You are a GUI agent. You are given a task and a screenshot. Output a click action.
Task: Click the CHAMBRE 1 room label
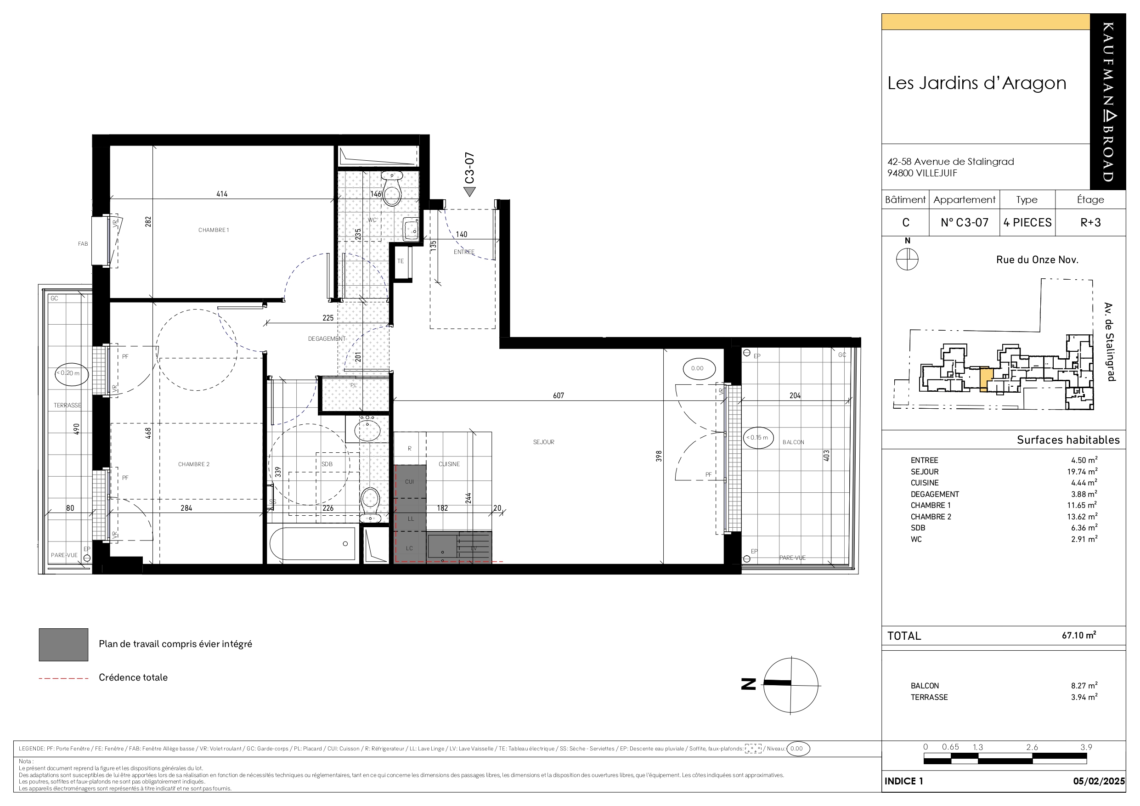[x=214, y=230]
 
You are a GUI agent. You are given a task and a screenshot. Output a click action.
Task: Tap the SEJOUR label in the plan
[x=544, y=442]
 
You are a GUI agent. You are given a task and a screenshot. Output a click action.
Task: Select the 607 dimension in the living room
[x=559, y=395]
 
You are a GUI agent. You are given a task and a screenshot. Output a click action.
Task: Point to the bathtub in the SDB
[x=312, y=544]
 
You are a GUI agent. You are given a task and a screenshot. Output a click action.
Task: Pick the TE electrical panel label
[x=401, y=261]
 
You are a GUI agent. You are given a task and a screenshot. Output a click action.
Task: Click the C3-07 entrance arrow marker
[x=470, y=191]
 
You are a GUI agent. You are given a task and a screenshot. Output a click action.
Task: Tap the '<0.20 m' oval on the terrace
[x=72, y=373]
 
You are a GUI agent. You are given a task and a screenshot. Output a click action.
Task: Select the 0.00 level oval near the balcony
[x=697, y=368]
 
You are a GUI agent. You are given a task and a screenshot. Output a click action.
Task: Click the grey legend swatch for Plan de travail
[x=63, y=645]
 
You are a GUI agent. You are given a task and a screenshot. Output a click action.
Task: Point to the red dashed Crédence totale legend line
[x=63, y=678]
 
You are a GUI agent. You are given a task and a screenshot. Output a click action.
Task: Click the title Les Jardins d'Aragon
[x=976, y=83]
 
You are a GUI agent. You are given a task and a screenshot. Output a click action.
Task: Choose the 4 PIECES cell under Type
[x=1027, y=222]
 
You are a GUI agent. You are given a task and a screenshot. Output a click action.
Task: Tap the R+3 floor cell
[x=1090, y=222]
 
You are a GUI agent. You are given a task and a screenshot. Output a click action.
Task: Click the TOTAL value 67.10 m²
[x=1079, y=635]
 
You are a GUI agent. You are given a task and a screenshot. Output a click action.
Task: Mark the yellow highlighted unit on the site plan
[x=986, y=379]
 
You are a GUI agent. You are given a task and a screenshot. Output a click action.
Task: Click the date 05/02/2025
[x=1099, y=781]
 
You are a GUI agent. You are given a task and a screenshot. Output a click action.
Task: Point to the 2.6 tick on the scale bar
[x=1032, y=747]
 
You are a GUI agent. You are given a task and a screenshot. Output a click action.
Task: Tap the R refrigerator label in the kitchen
[x=410, y=448]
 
